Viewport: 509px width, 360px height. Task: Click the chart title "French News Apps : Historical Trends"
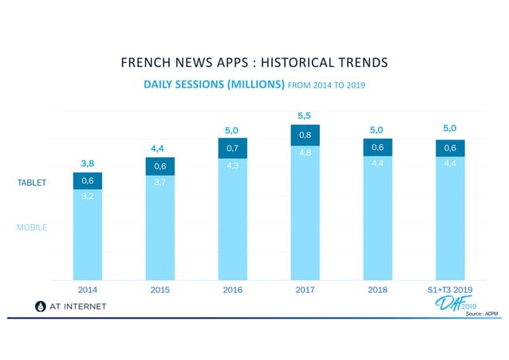coord(254,62)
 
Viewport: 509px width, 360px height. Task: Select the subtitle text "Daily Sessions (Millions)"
coord(214,84)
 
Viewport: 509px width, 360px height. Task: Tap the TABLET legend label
coord(33,183)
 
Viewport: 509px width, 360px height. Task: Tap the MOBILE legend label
coord(32,227)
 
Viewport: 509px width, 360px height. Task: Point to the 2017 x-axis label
coord(305,290)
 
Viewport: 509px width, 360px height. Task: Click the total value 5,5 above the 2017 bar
coord(305,116)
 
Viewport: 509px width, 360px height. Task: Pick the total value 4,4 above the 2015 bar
coord(160,148)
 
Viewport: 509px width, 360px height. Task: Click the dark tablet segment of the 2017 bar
coord(305,135)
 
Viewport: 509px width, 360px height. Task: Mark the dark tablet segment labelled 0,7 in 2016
coord(232,148)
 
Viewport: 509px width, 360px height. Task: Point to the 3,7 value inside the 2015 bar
coord(160,183)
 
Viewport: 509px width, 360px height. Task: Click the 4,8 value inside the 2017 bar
coord(305,152)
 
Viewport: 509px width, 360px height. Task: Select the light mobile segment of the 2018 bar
coord(377,224)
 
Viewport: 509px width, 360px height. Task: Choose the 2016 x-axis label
coord(232,290)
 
